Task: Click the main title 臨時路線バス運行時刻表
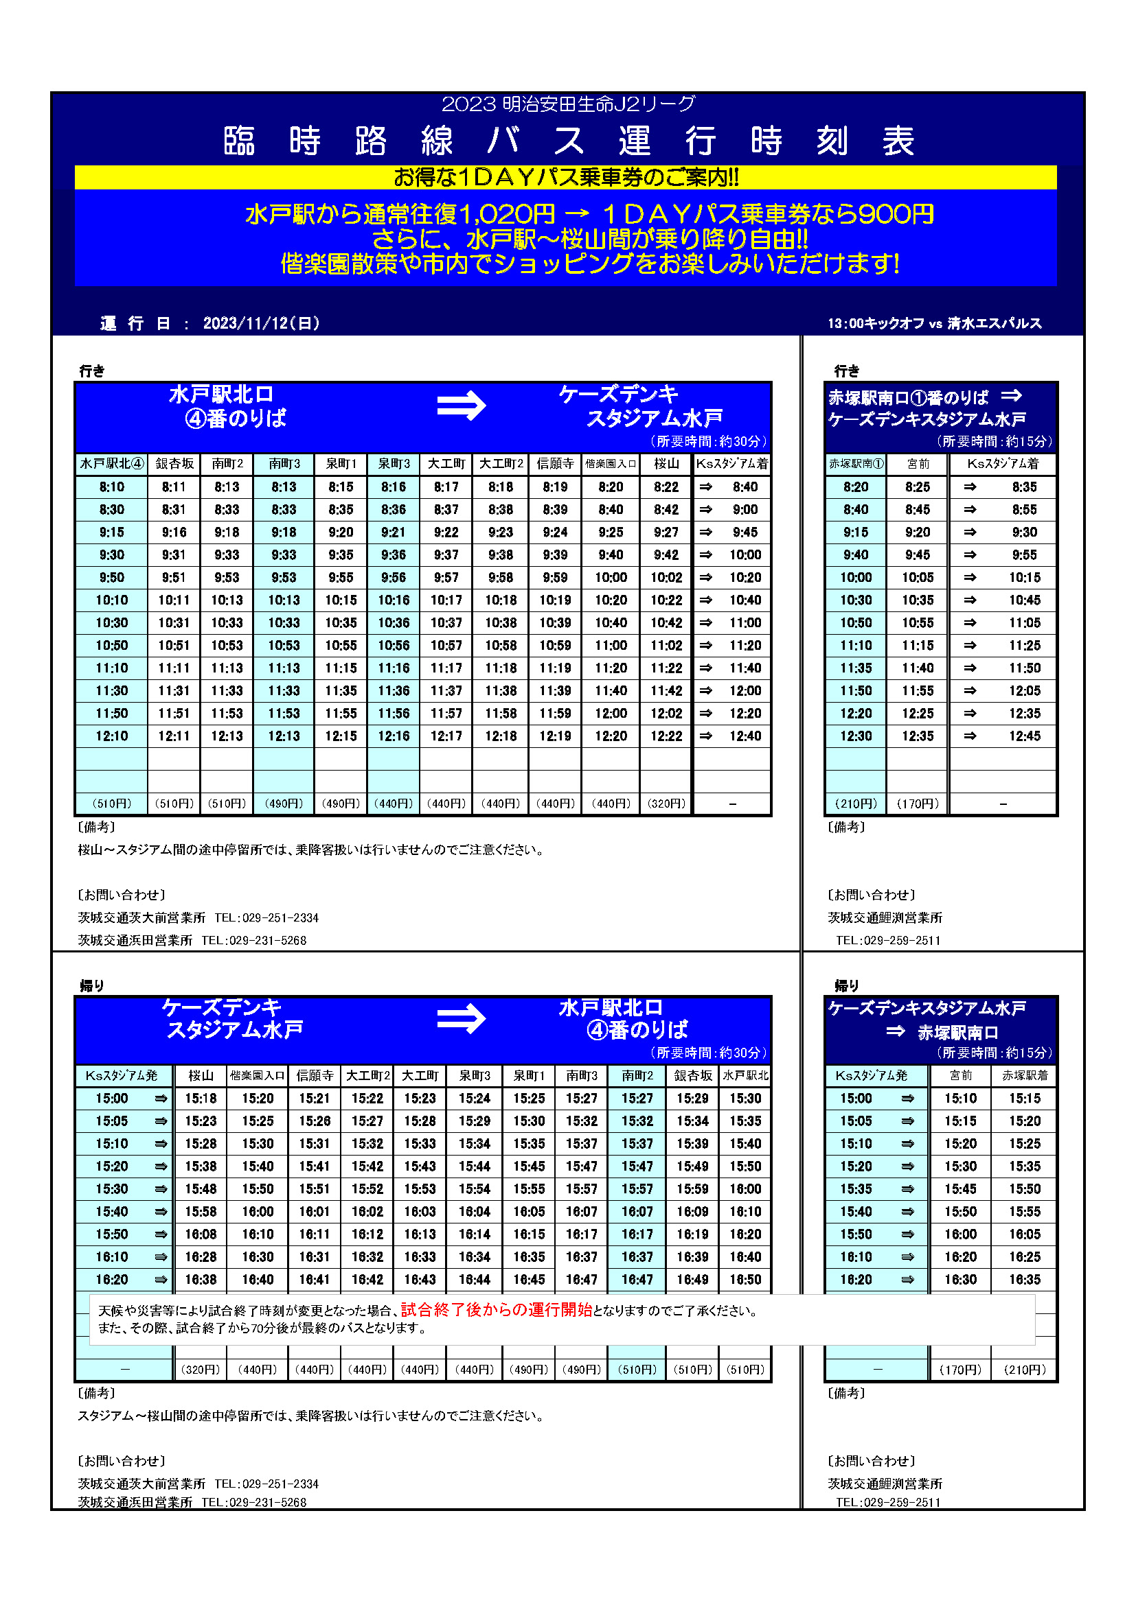pyautogui.click(x=568, y=141)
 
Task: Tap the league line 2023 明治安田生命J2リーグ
pyautogui.click(x=568, y=104)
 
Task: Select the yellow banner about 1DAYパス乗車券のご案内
pyautogui.click(x=565, y=178)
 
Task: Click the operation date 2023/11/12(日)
pyautogui.click(x=261, y=323)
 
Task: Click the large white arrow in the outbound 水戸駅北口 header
pyautogui.click(x=461, y=406)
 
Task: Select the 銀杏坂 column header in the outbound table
pyautogui.click(x=174, y=463)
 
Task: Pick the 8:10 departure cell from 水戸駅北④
pyautogui.click(x=112, y=487)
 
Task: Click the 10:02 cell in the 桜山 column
pyautogui.click(x=666, y=577)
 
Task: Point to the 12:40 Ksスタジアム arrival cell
pyautogui.click(x=745, y=736)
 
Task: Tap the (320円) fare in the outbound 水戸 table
pyautogui.click(x=666, y=804)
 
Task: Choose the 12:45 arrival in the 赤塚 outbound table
pyautogui.click(x=1024, y=736)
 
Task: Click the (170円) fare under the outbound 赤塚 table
pyautogui.click(x=917, y=804)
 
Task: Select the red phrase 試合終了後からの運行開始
pyautogui.click(x=496, y=1309)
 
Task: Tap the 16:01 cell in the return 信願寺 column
pyautogui.click(x=314, y=1211)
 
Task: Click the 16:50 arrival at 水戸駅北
pyautogui.click(x=745, y=1279)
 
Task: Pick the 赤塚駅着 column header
pyautogui.click(x=1024, y=1075)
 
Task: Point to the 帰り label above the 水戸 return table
pyautogui.click(x=91, y=985)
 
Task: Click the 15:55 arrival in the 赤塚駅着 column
pyautogui.click(x=1024, y=1211)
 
